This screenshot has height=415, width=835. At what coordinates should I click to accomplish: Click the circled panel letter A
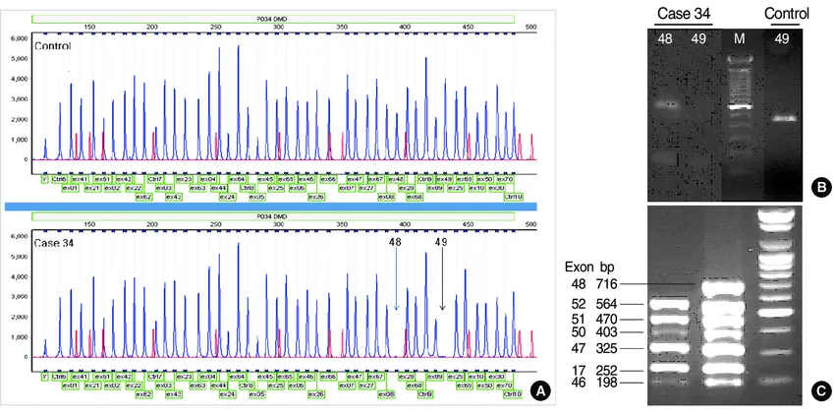pos(538,390)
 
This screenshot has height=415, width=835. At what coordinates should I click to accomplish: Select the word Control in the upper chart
pos(53,46)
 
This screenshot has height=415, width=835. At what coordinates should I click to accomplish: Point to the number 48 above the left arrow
pos(395,241)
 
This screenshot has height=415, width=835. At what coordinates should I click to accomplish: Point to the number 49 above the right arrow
pos(441,241)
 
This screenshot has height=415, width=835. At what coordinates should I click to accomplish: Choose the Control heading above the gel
pos(786,14)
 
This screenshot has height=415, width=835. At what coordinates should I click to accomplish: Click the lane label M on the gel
pos(740,38)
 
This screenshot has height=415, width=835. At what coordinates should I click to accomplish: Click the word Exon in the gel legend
pos(580,267)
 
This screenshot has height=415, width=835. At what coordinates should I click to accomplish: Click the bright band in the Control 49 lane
pos(783,120)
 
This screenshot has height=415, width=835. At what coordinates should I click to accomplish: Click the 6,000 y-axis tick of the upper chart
pos(19,37)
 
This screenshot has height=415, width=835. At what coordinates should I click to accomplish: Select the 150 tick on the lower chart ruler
pos(89,224)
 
